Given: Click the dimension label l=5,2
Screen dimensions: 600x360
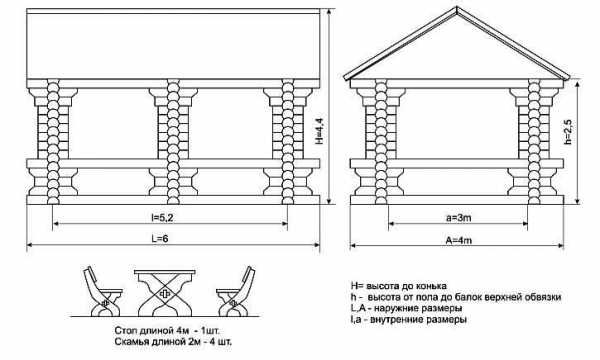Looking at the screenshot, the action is (x=161, y=218).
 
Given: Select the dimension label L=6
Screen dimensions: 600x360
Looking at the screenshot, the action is (x=160, y=239).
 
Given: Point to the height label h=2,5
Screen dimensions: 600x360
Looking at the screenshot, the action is (x=568, y=132).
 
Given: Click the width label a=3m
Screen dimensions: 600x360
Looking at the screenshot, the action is (x=459, y=218).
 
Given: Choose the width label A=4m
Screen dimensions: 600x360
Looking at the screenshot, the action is (x=458, y=240).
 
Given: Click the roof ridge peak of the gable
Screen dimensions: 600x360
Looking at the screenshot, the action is (x=457, y=7).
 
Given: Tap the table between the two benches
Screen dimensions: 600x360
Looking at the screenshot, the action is (x=165, y=293).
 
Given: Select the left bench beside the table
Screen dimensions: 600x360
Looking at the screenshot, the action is (x=101, y=292).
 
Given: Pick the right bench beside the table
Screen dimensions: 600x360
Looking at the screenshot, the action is (x=236, y=292).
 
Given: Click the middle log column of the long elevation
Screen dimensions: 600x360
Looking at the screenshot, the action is (x=173, y=142).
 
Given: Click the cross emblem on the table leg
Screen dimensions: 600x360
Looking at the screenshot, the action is (x=165, y=294).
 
